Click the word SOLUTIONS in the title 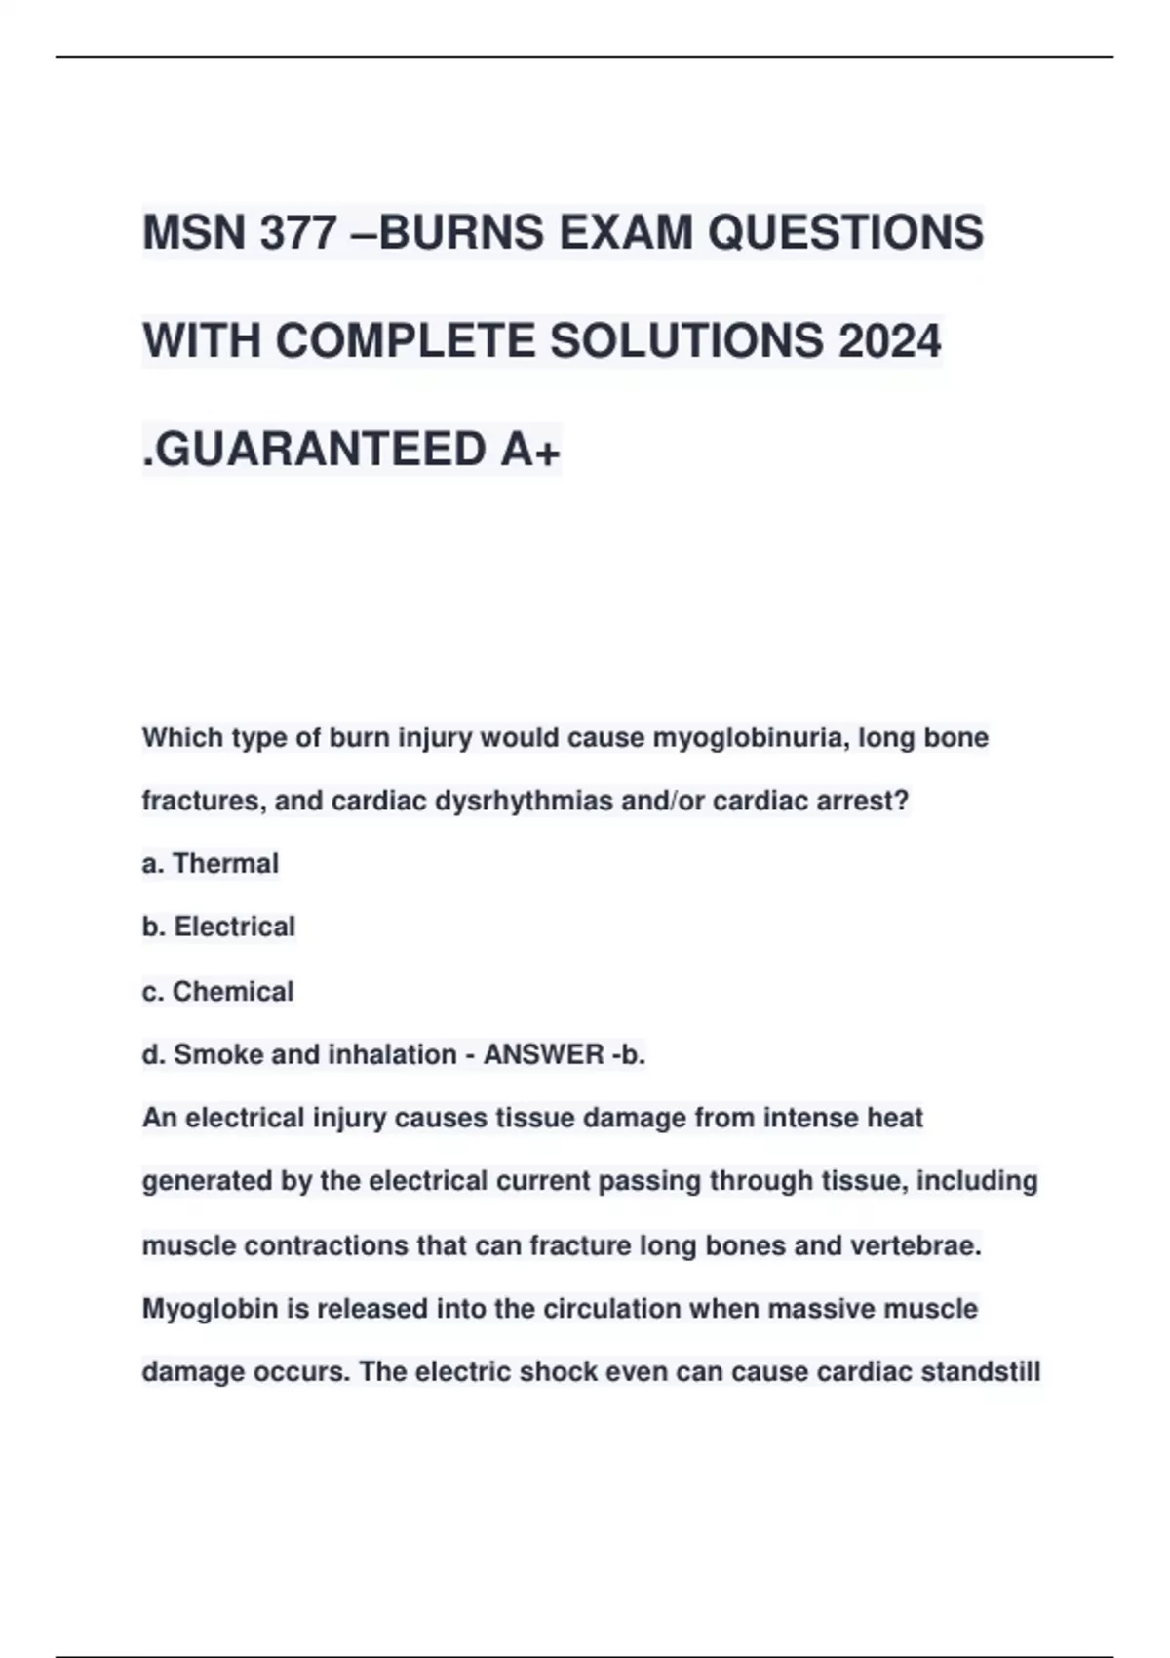point(686,341)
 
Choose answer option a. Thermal point(211,864)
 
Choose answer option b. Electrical point(218,927)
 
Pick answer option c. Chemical point(217,991)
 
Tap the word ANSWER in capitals point(544,1054)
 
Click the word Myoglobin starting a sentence point(210,1309)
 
